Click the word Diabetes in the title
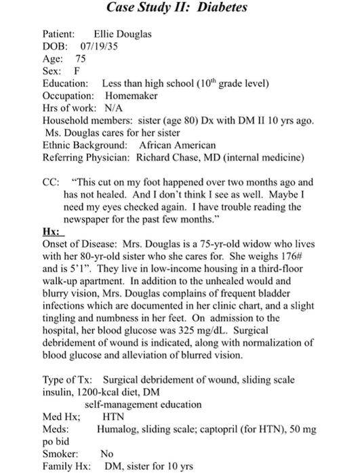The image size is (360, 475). pyautogui.click(x=218, y=8)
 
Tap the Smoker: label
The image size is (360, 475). pyautogui.click(x=60, y=453)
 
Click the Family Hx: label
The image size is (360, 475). pyautogui.click(x=66, y=466)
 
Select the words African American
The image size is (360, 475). pyautogui.click(x=178, y=145)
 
